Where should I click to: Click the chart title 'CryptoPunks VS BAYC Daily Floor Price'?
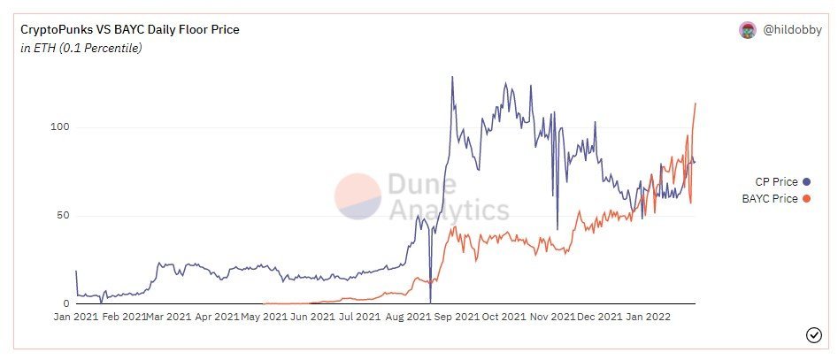pos(129,30)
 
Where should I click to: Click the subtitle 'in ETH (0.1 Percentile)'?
pos(81,48)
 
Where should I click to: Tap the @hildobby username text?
pos(788,30)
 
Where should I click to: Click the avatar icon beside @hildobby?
pos(748,30)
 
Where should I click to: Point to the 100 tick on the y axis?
pos(58,127)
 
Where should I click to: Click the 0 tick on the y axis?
pos(65,303)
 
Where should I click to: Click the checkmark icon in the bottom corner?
pos(814,334)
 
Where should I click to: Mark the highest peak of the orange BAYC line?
pos(696,103)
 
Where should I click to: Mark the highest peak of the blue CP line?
pos(452,77)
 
